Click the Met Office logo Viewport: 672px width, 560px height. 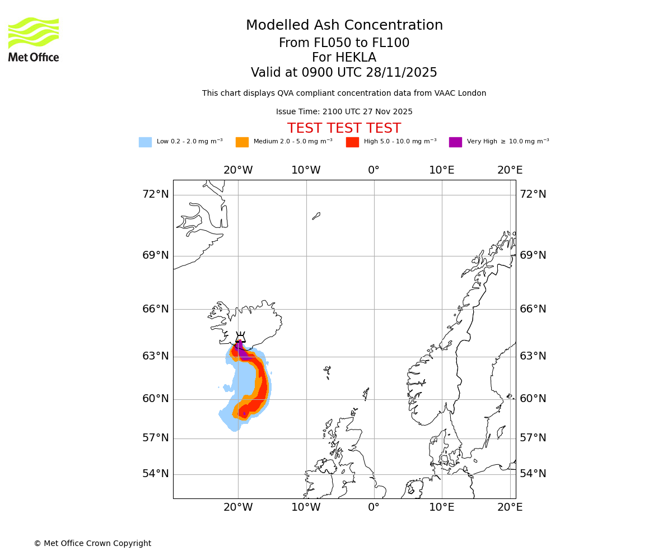[34, 39]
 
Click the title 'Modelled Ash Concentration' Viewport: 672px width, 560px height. [344, 26]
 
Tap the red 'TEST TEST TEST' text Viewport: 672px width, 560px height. [344, 128]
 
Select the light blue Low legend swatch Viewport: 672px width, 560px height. [145, 142]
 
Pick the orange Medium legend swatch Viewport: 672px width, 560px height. [242, 142]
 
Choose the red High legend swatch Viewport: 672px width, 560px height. [352, 142]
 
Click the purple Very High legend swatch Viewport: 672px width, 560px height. [455, 142]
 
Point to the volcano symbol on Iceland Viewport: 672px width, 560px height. [240, 338]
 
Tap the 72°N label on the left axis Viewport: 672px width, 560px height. [155, 194]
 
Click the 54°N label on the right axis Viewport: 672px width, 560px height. [533, 474]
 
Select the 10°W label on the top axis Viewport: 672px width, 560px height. [306, 170]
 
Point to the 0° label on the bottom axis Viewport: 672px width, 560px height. [374, 507]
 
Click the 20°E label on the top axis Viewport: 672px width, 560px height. [510, 170]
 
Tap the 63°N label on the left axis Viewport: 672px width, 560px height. [155, 356]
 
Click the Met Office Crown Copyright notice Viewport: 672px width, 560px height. [92, 543]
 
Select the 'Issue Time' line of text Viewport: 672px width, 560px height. [344, 112]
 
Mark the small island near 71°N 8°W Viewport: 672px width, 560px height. [316, 216]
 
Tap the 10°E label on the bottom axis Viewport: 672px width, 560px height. [441, 507]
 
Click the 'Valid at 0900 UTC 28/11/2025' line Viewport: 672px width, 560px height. [344, 73]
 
